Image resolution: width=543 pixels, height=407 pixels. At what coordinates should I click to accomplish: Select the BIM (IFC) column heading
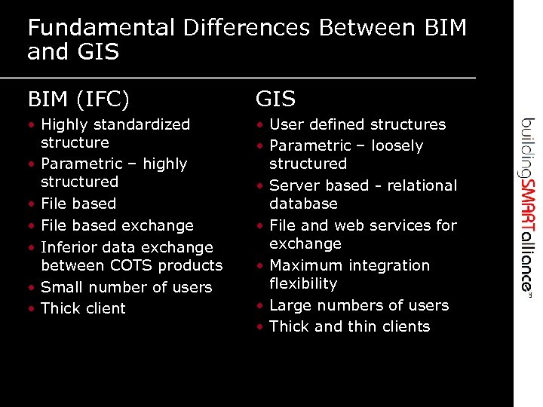tap(78, 99)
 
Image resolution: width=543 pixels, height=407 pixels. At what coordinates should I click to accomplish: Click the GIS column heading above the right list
tap(275, 99)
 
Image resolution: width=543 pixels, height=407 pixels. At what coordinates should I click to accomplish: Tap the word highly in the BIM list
tap(166, 164)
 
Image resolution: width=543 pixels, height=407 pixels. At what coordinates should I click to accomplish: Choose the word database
tap(303, 203)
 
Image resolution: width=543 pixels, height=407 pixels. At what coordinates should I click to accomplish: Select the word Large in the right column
tap(289, 305)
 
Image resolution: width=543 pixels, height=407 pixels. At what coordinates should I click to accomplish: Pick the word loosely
tap(397, 145)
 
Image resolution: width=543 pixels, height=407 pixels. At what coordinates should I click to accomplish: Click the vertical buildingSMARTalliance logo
tap(528, 204)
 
